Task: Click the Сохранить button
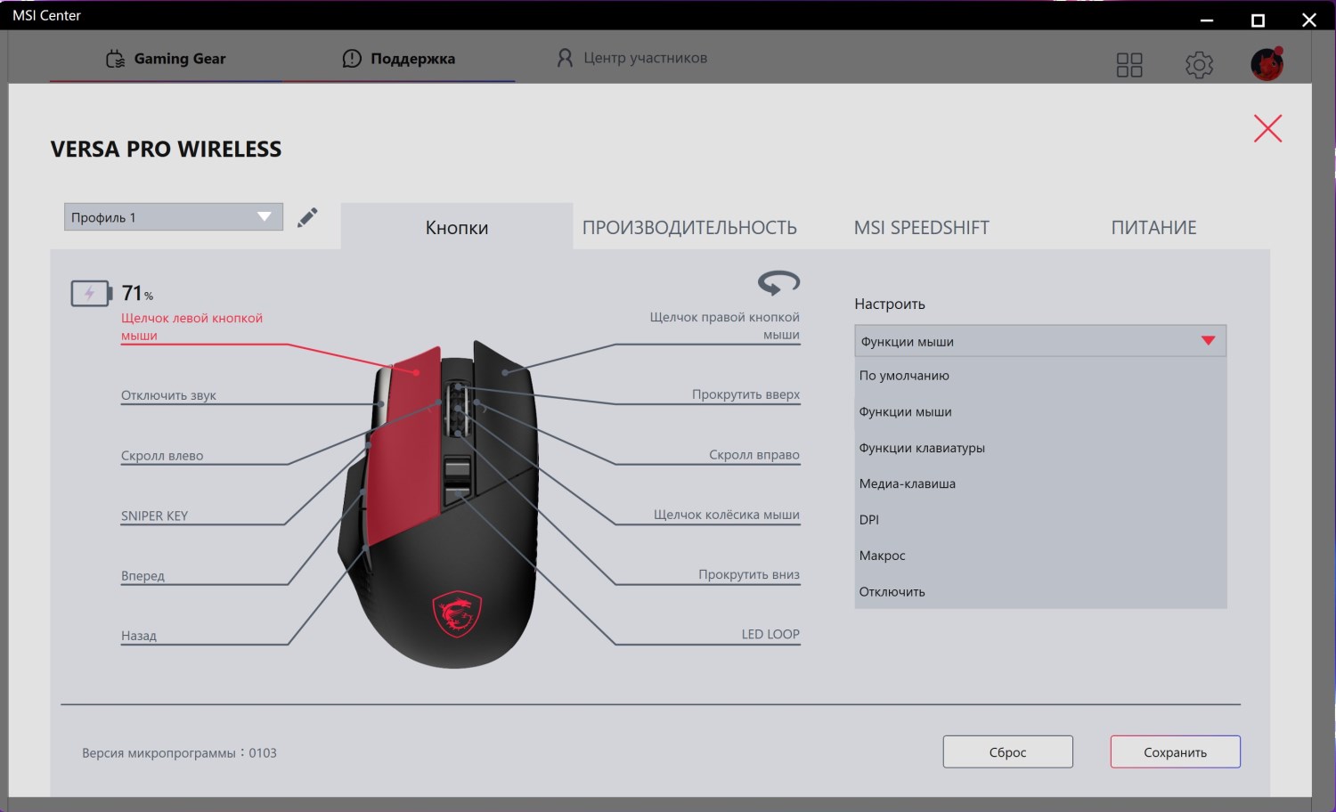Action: [1175, 751]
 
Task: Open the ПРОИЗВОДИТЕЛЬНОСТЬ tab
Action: [689, 227]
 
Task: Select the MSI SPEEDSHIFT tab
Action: [922, 227]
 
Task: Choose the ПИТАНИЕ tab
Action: [1153, 227]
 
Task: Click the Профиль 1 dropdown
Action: [174, 217]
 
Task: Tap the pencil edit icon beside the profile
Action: [307, 217]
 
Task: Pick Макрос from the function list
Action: [882, 556]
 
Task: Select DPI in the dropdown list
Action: [869, 519]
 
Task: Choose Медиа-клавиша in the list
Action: [908, 483]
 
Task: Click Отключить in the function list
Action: [892, 591]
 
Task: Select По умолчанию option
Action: [904, 376]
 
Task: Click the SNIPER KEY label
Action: [154, 516]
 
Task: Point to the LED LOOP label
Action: [770, 634]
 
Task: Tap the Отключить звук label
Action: [168, 395]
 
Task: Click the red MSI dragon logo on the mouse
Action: [457, 613]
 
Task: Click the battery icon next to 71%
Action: [91, 293]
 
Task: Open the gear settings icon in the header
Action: [1199, 64]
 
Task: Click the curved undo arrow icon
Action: [778, 282]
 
